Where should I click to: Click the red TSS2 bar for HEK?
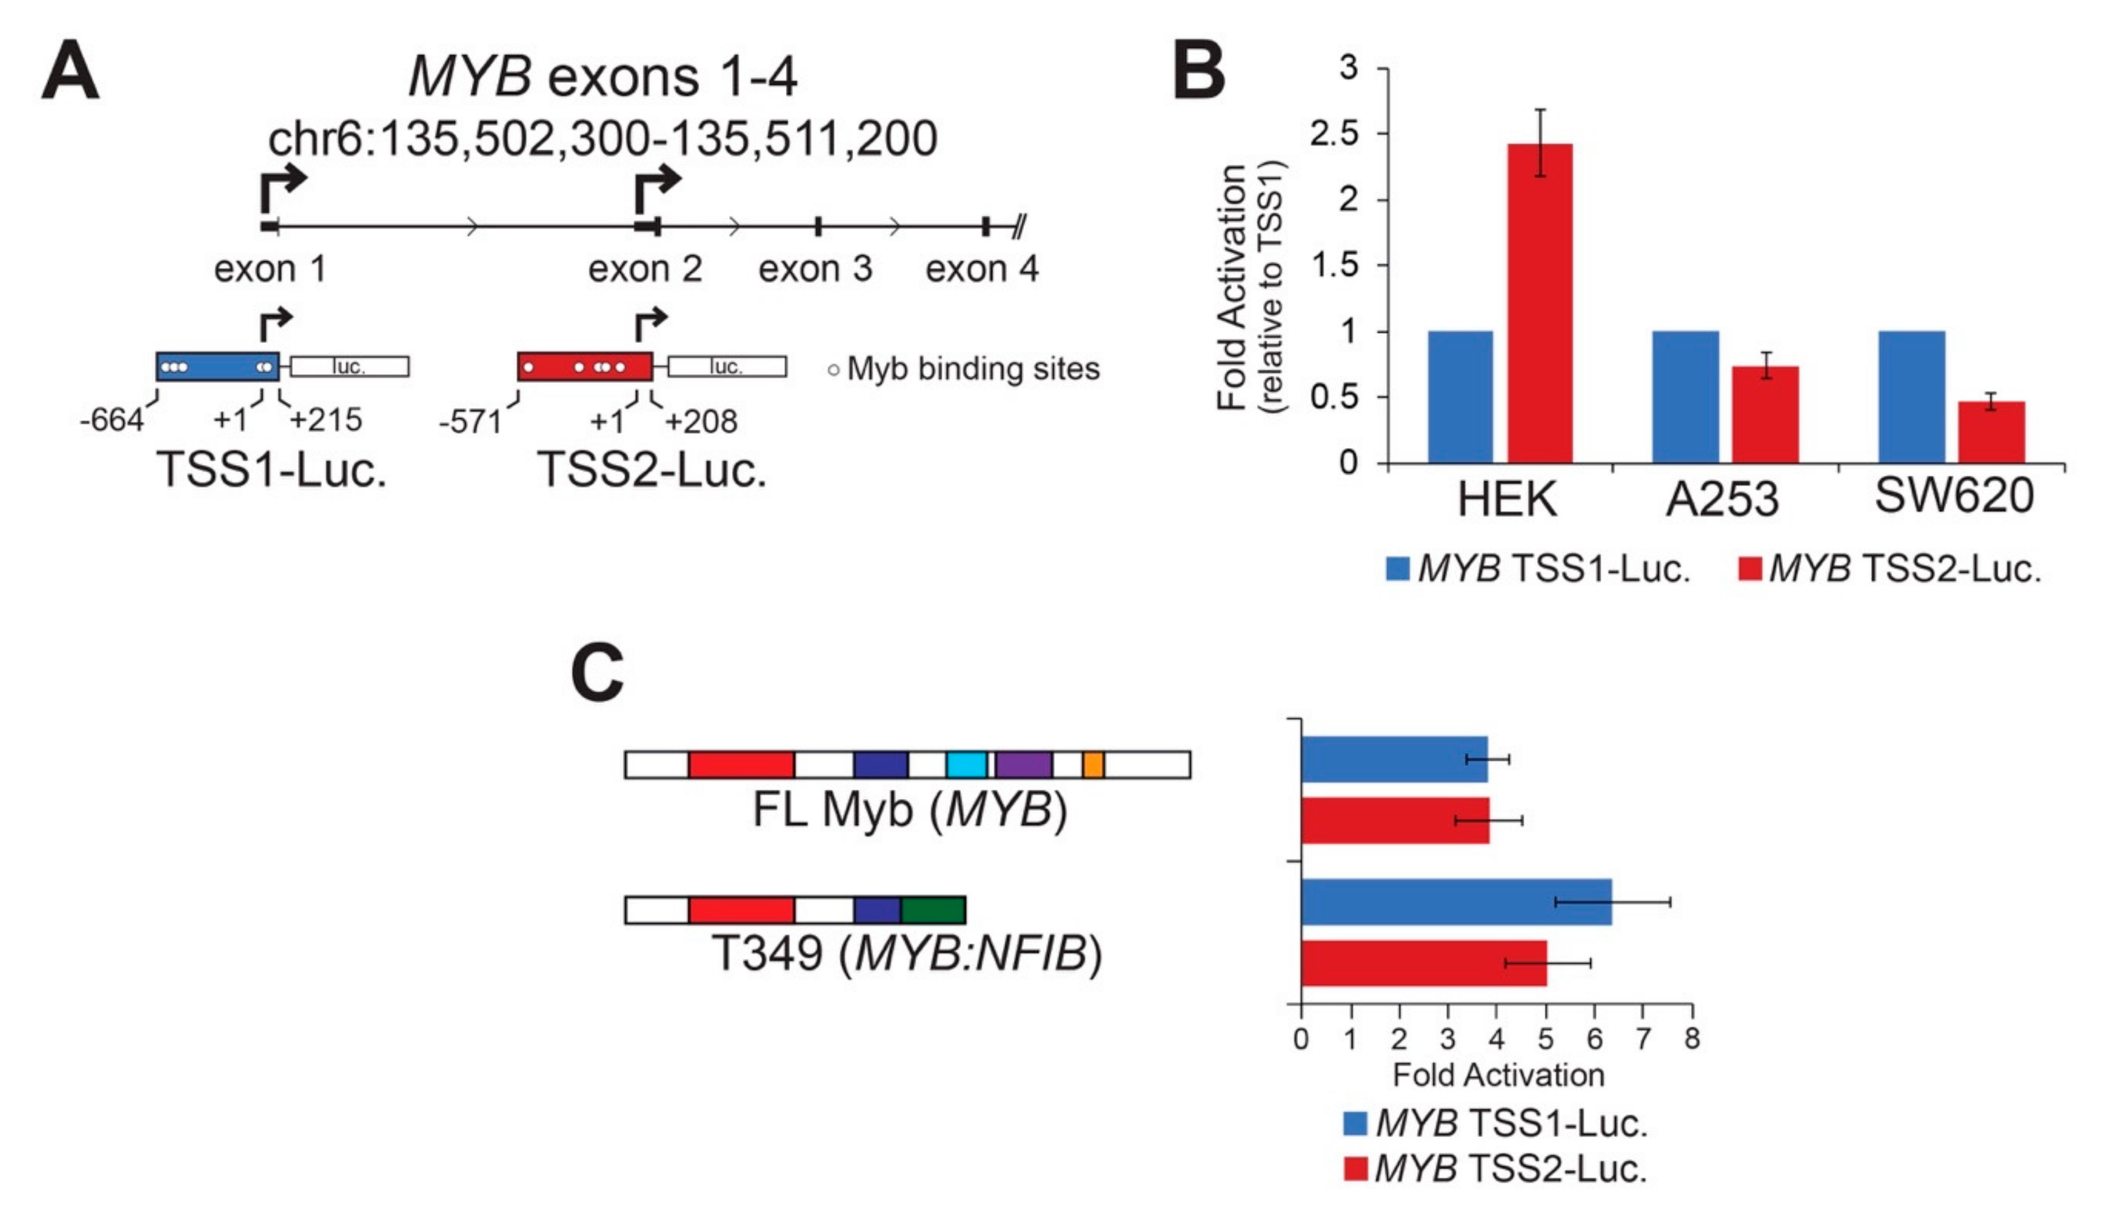coord(1540,303)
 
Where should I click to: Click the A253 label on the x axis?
coord(1722,499)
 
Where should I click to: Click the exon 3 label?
coord(814,269)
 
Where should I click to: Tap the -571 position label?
coord(470,423)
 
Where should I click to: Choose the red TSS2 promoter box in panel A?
coord(584,367)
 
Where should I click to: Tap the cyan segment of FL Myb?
coord(966,764)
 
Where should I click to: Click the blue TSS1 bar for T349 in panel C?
coord(1456,901)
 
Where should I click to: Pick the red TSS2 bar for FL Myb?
coord(1395,820)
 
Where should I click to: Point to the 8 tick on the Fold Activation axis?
coord(1691,1038)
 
